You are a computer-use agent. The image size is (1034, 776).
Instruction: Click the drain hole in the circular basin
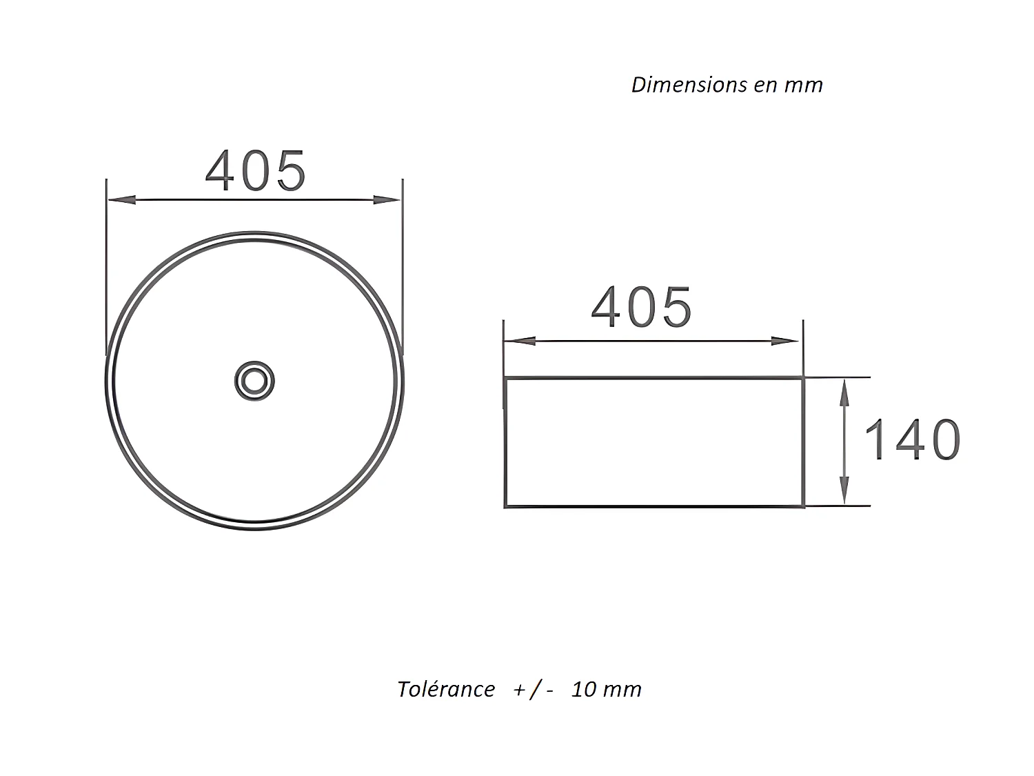(x=254, y=380)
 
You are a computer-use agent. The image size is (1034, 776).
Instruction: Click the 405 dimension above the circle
(x=255, y=171)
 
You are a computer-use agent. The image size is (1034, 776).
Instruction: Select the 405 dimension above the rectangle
(x=641, y=307)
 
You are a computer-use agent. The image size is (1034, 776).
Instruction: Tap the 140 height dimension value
(x=912, y=440)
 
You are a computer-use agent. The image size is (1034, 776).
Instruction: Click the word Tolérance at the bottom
(x=446, y=689)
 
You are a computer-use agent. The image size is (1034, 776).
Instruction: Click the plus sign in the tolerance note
(x=519, y=690)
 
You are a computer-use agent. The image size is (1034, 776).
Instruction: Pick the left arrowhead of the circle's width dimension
(x=121, y=199)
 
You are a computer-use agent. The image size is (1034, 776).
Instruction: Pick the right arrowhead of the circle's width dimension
(x=386, y=199)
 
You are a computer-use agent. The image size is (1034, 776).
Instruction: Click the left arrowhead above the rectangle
(x=519, y=341)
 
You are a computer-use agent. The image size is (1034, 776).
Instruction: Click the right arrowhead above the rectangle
(x=785, y=341)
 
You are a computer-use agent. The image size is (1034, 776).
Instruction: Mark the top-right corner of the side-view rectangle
(x=803, y=378)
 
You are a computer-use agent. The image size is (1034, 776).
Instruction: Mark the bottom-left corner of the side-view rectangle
(x=506, y=506)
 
